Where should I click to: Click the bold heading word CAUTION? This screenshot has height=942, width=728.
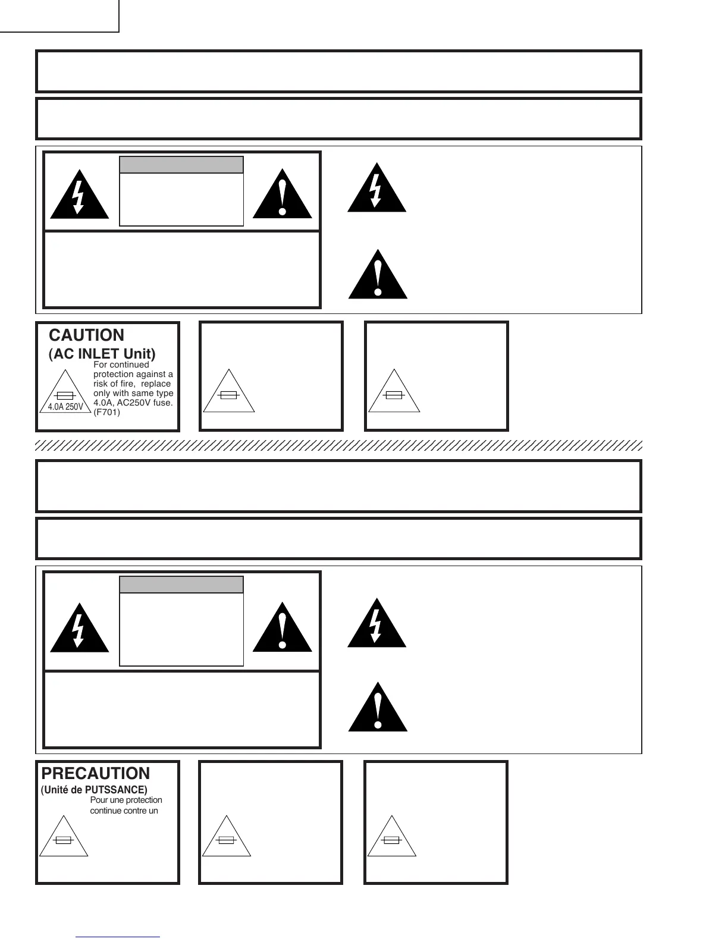point(87,335)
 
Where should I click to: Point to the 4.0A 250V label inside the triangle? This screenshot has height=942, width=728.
point(65,407)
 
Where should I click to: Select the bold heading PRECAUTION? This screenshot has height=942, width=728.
point(96,774)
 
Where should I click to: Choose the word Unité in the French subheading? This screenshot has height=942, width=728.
point(55,790)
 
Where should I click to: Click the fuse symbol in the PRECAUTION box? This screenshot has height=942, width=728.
point(64,840)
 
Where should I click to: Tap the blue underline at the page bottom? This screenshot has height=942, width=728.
point(118,937)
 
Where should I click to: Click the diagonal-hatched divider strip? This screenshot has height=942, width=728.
point(339,445)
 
